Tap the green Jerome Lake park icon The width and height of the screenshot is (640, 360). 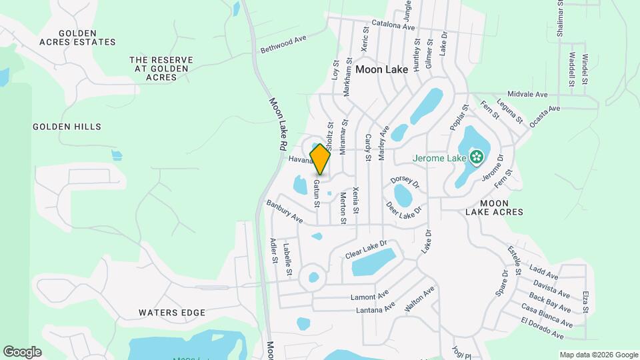(476, 157)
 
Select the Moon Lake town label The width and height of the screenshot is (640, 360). (381, 69)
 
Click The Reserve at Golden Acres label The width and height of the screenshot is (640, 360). (161, 69)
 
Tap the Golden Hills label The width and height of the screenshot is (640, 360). (67, 127)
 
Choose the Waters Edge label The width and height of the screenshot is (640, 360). (172, 312)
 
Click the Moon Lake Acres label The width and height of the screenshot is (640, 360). (492, 207)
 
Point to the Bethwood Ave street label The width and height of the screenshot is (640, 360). (283, 44)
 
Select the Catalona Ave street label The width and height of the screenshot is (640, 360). (393, 27)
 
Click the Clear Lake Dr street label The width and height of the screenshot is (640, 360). (366, 250)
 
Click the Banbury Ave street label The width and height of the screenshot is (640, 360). (285, 211)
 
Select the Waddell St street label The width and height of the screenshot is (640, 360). (571, 69)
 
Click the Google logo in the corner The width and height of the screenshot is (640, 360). (22, 352)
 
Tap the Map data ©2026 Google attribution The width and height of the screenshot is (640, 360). (597, 355)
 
